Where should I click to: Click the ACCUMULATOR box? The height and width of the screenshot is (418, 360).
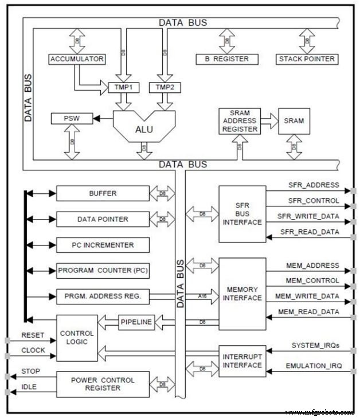(x=77, y=59)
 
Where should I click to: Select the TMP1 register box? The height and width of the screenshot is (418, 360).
(x=124, y=88)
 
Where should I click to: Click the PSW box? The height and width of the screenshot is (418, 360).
(x=71, y=119)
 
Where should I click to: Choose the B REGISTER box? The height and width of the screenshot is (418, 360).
(x=227, y=59)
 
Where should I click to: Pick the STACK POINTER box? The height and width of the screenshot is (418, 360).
(x=307, y=59)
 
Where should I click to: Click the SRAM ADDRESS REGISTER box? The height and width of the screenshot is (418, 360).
(x=238, y=121)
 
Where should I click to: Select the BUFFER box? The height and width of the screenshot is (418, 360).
(x=103, y=193)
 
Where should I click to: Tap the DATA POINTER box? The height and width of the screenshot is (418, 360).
(x=103, y=219)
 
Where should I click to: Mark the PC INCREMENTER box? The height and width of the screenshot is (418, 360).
(x=103, y=245)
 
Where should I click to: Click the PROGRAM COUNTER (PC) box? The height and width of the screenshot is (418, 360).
(x=103, y=271)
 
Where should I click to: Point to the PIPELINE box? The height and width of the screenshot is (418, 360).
(x=136, y=322)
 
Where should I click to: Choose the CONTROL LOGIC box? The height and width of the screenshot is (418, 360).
(x=77, y=338)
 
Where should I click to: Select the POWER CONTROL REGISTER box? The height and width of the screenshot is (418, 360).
(x=103, y=384)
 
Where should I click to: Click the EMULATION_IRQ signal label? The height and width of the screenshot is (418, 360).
(x=314, y=365)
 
